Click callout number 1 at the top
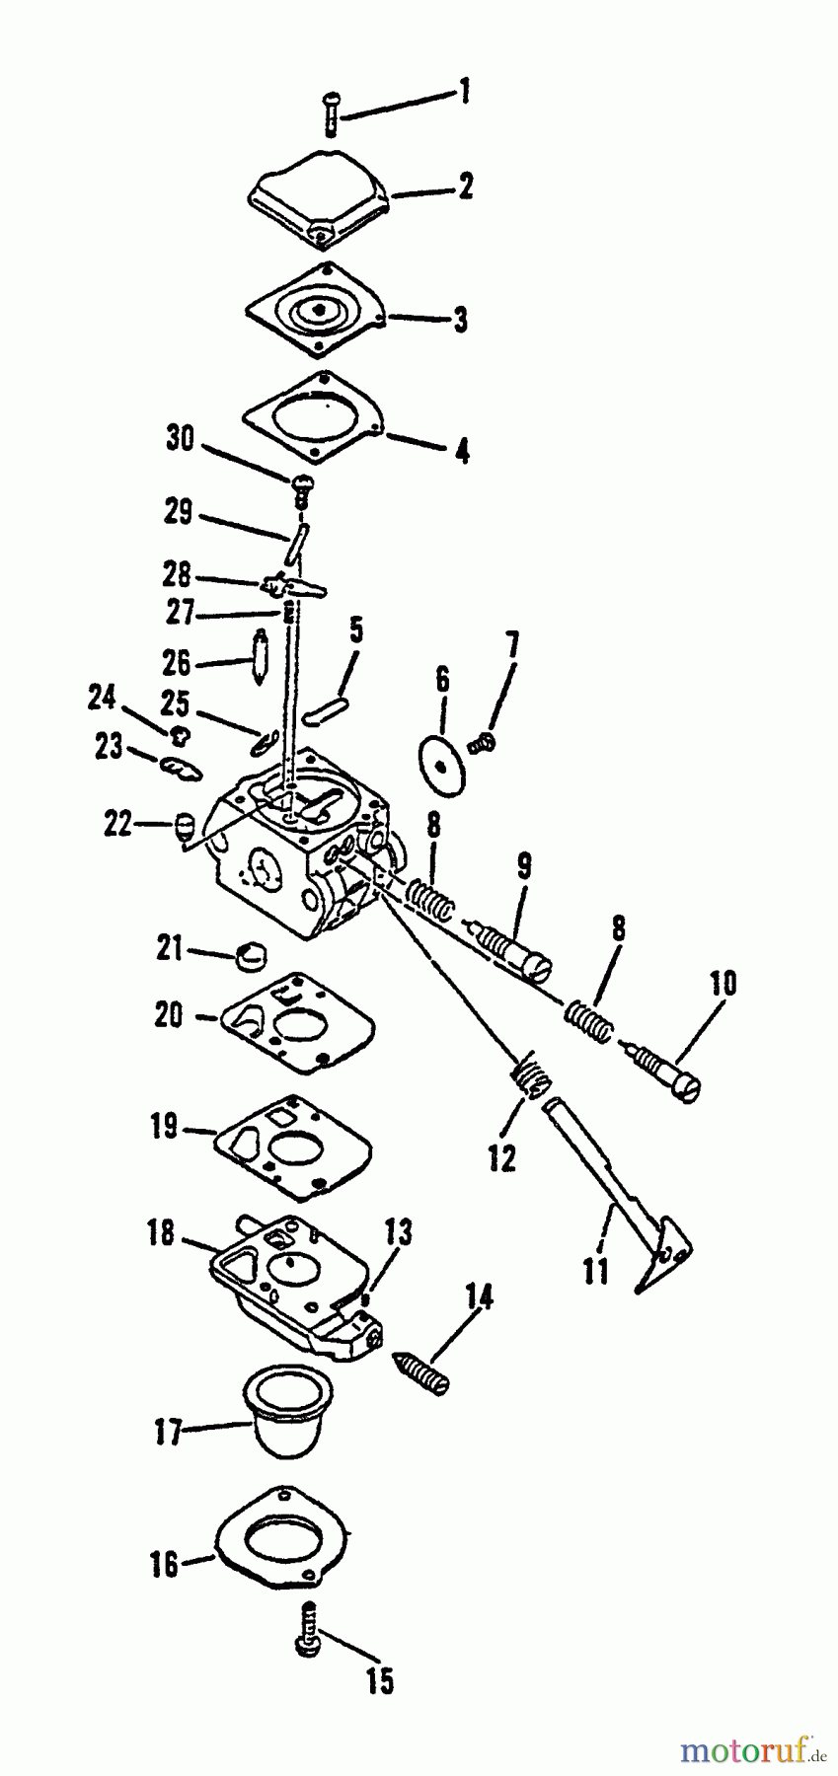click(x=462, y=94)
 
